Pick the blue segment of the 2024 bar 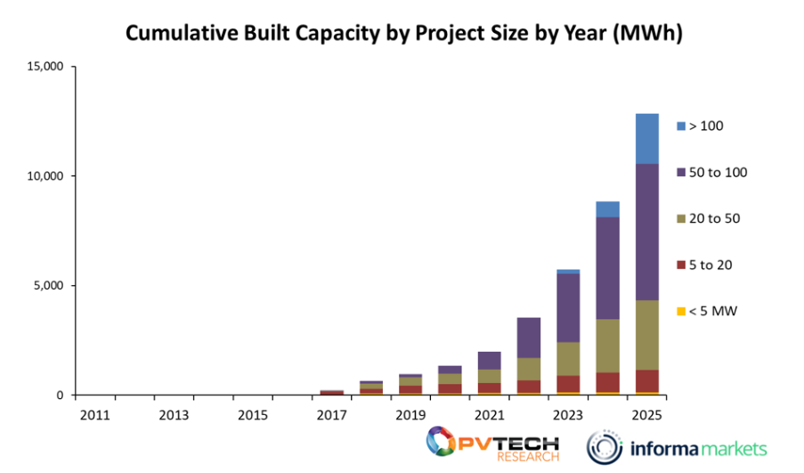click(x=607, y=209)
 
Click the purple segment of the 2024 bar click(x=607, y=267)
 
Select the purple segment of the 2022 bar click(x=529, y=338)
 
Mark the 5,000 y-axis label click(x=47, y=286)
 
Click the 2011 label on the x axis click(x=95, y=414)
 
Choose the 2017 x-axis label click(x=331, y=414)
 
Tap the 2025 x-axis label click(x=646, y=414)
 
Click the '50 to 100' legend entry click(x=716, y=172)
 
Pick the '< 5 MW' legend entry click(x=712, y=311)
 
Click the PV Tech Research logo click(x=491, y=444)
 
